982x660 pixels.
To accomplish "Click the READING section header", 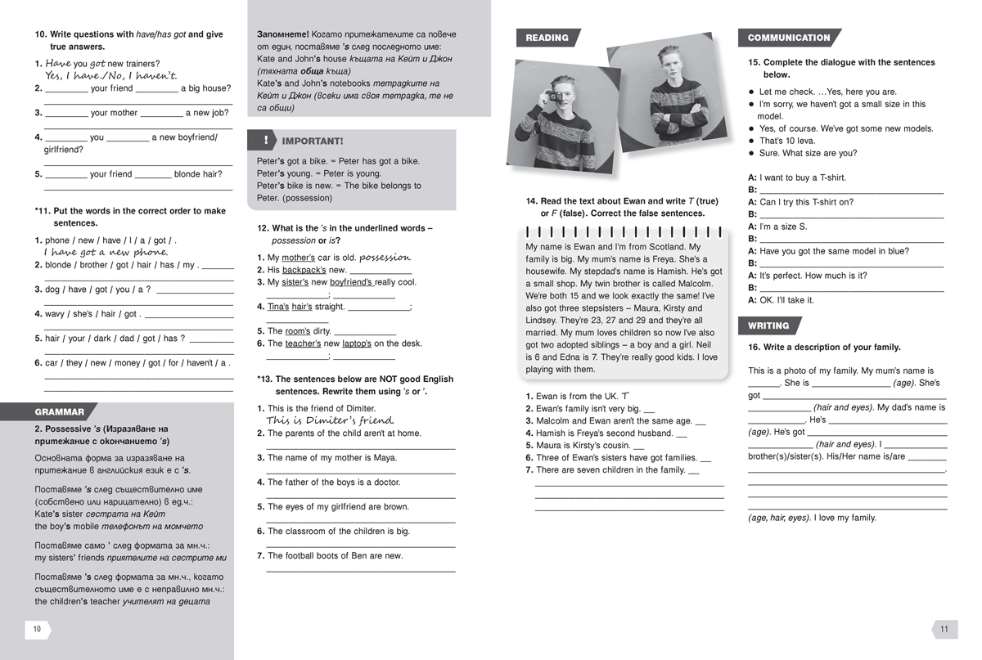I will tap(547, 38).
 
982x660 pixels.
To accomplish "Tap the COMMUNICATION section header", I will tap(788, 38).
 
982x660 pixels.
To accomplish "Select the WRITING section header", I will tap(768, 326).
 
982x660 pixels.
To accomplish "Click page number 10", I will tap(37, 629).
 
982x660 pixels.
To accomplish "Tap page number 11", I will tap(944, 629).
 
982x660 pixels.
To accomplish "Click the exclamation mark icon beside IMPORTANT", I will tap(266, 141).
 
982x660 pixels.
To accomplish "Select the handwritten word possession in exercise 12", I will tap(385, 258).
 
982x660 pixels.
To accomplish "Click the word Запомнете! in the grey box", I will tap(283, 34).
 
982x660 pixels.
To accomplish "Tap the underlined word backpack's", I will tap(304, 270).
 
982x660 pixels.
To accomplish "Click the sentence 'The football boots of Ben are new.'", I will tap(335, 556).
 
